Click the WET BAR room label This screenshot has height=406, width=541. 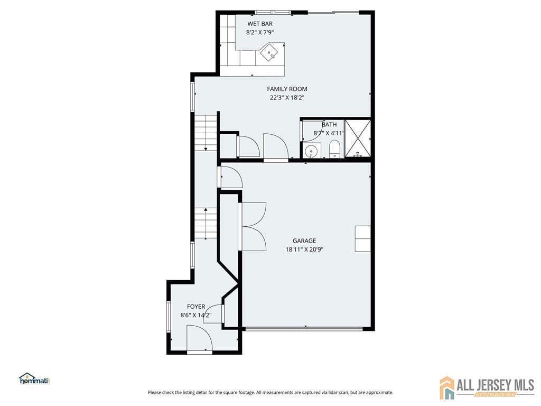(260, 24)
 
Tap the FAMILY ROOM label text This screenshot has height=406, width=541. (287, 89)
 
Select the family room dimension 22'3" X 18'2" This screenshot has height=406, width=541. (287, 97)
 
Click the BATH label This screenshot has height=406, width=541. (329, 125)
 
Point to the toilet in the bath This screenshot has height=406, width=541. (334, 149)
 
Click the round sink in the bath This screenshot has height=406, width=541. (312, 151)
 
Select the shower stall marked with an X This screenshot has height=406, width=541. (358, 139)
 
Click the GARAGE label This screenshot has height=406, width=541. (304, 241)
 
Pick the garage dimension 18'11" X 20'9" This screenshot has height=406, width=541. (304, 249)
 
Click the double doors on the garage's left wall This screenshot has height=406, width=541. (253, 226)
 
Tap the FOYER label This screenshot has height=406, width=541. (196, 307)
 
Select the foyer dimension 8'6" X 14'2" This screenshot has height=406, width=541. (196, 315)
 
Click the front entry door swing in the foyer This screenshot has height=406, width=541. (199, 338)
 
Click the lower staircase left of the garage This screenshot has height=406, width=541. (206, 223)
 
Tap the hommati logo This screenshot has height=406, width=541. (34, 379)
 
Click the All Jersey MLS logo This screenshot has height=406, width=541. (487, 387)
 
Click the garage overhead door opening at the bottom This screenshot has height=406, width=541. (304, 329)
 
